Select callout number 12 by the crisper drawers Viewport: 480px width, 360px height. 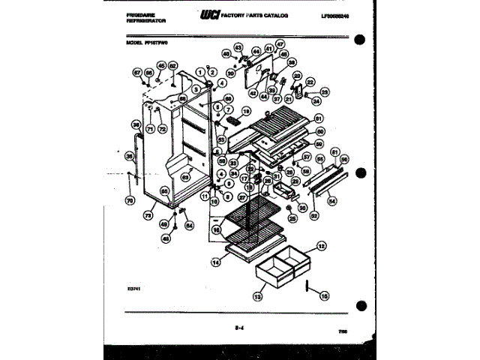pyautogui.click(x=320, y=246)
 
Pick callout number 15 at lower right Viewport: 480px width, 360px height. pyautogui.click(x=325, y=295)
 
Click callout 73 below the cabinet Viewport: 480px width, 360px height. pyautogui.click(x=148, y=214)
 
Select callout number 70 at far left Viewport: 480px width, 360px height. pyautogui.click(x=128, y=200)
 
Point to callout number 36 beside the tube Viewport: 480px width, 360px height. pyautogui.click(x=136, y=124)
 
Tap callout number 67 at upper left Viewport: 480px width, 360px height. pyautogui.click(x=137, y=72)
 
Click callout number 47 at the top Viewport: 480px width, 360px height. pyautogui.click(x=280, y=44)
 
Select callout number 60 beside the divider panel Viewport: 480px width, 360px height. pyautogui.click(x=319, y=130)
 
